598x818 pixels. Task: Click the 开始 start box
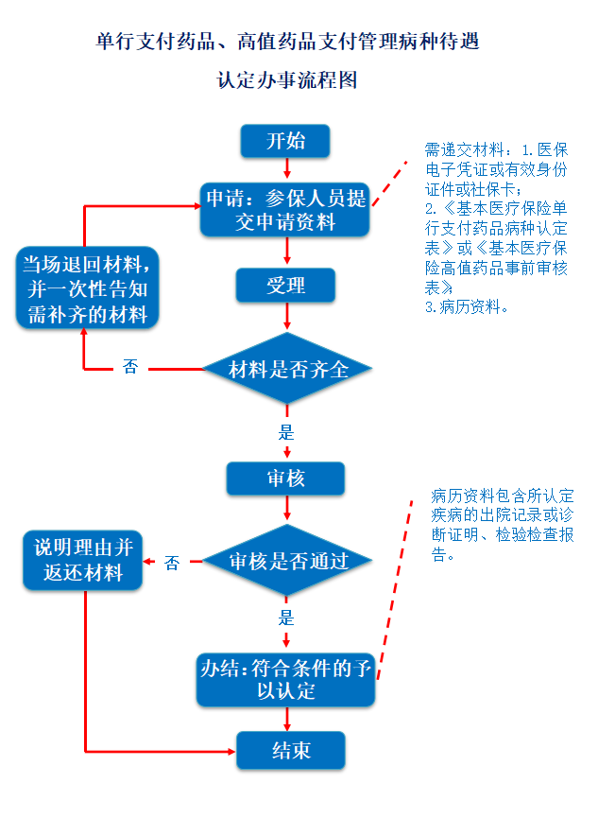pyautogui.click(x=285, y=141)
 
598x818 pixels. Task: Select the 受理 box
pyautogui.click(x=285, y=286)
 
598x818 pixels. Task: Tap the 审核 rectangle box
pyautogui.click(x=285, y=479)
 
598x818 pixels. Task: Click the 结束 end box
pyautogui.click(x=291, y=750)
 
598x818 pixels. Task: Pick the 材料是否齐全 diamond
pyautogui.click(x=287, y=368)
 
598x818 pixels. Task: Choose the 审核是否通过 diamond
pyautogui.click(x=287, y=561)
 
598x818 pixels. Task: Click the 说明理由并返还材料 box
pyautogui.click(x=83, y=560)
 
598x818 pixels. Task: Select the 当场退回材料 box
pyautogui.click(x=87, y=288)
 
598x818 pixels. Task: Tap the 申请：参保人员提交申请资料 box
pyautogui.click(x=285, y=210)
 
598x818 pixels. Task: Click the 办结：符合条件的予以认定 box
pyautogui.click(x=285, y=680)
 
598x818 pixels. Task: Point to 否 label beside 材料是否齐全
pyautogui.click(x=130, y=367)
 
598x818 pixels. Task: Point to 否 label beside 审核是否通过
pyautogui.click(x=172, y=563)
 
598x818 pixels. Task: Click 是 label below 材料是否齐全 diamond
pyautogui.click(x=286, y=432)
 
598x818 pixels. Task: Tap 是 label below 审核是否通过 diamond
pyautogui.click(x=286, y=618)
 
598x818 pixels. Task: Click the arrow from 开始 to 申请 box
pyautogui.click(x=287, y=168)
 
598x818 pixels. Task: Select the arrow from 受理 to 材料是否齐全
pyautogui.click(x=287, y=316)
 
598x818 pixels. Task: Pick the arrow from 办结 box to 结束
pyautogui.click(x=287, y=719)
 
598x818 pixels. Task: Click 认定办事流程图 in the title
pyautogui.click(x=287, y=79)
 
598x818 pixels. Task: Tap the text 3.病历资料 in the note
pyautogui.click(x=467, y=306)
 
